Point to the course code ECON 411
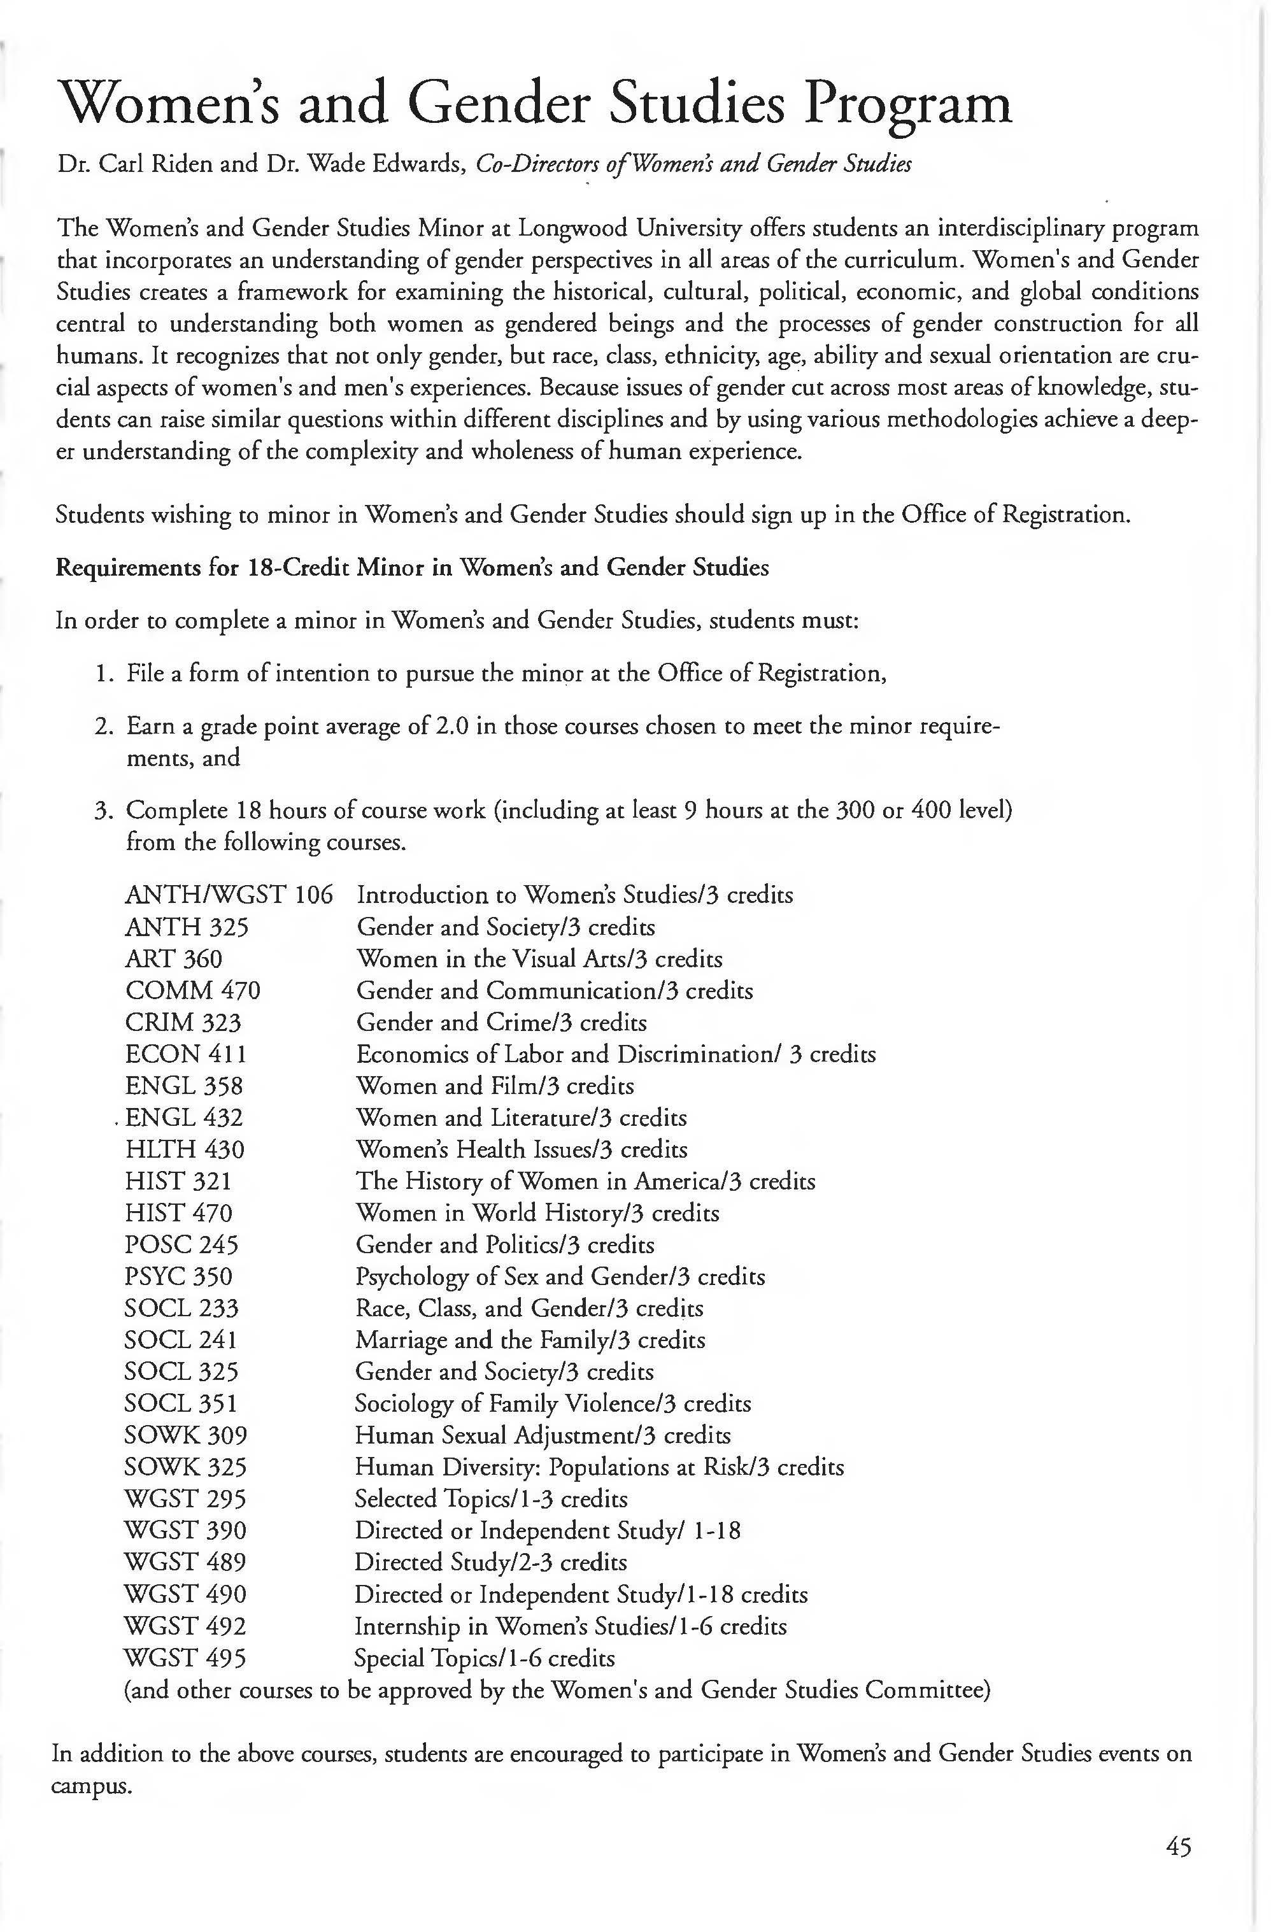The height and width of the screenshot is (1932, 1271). (x=185, y=1054)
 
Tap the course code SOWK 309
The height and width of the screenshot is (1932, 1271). (x=185, y=1435)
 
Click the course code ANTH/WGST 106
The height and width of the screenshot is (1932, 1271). (x=229, y=895)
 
